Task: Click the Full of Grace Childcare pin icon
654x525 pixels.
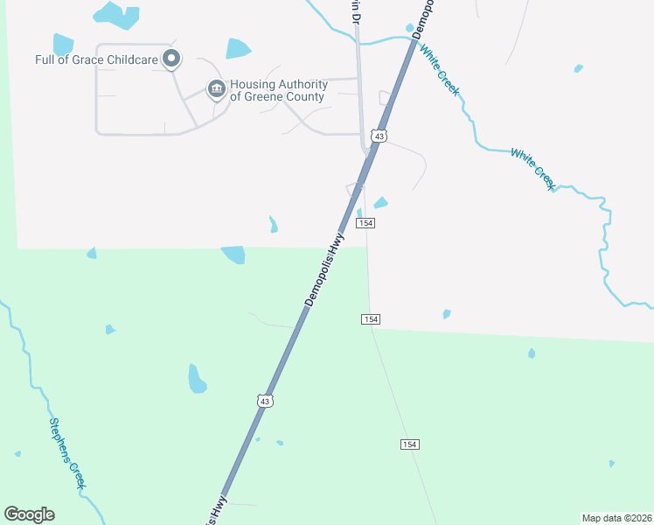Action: (172, 59)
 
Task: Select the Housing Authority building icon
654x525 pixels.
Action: (216, 89)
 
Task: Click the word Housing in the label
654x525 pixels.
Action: (253, 85)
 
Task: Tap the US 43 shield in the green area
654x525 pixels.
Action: (266, 401)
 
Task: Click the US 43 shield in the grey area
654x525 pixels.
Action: (378, 136)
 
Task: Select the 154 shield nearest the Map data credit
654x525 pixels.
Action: (410, 444)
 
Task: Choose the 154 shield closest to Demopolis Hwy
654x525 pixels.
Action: (365, 224)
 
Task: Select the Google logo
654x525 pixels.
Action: (29, 514)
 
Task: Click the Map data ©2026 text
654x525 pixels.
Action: (616, 517)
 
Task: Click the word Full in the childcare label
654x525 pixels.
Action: (45, 60)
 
